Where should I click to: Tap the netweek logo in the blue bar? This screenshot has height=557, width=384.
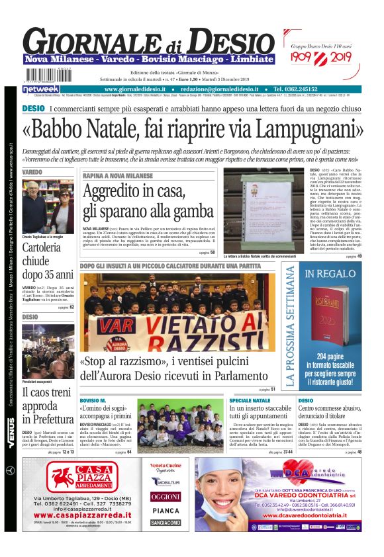pyautogui.click(x=41, y=89)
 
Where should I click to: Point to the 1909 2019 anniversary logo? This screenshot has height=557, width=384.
pyautogui.click(x=322, y=60)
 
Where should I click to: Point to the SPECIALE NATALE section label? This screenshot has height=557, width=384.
pyautogui.click(x=250, y=401)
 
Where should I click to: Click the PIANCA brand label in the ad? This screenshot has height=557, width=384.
pyautogui.click(x=166, y=510)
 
